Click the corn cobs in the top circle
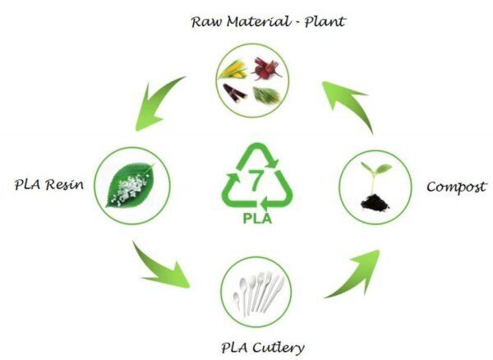click(x=237, y=69)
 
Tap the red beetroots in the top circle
click(x=265, y=67)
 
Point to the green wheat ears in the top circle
click(x=266, y=95)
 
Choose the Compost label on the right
click(x=455, y=187)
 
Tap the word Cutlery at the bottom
click(x=277, y=347)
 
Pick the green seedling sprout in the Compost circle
click(x=373, y=171)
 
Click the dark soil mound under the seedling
click(x=371, y=200)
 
